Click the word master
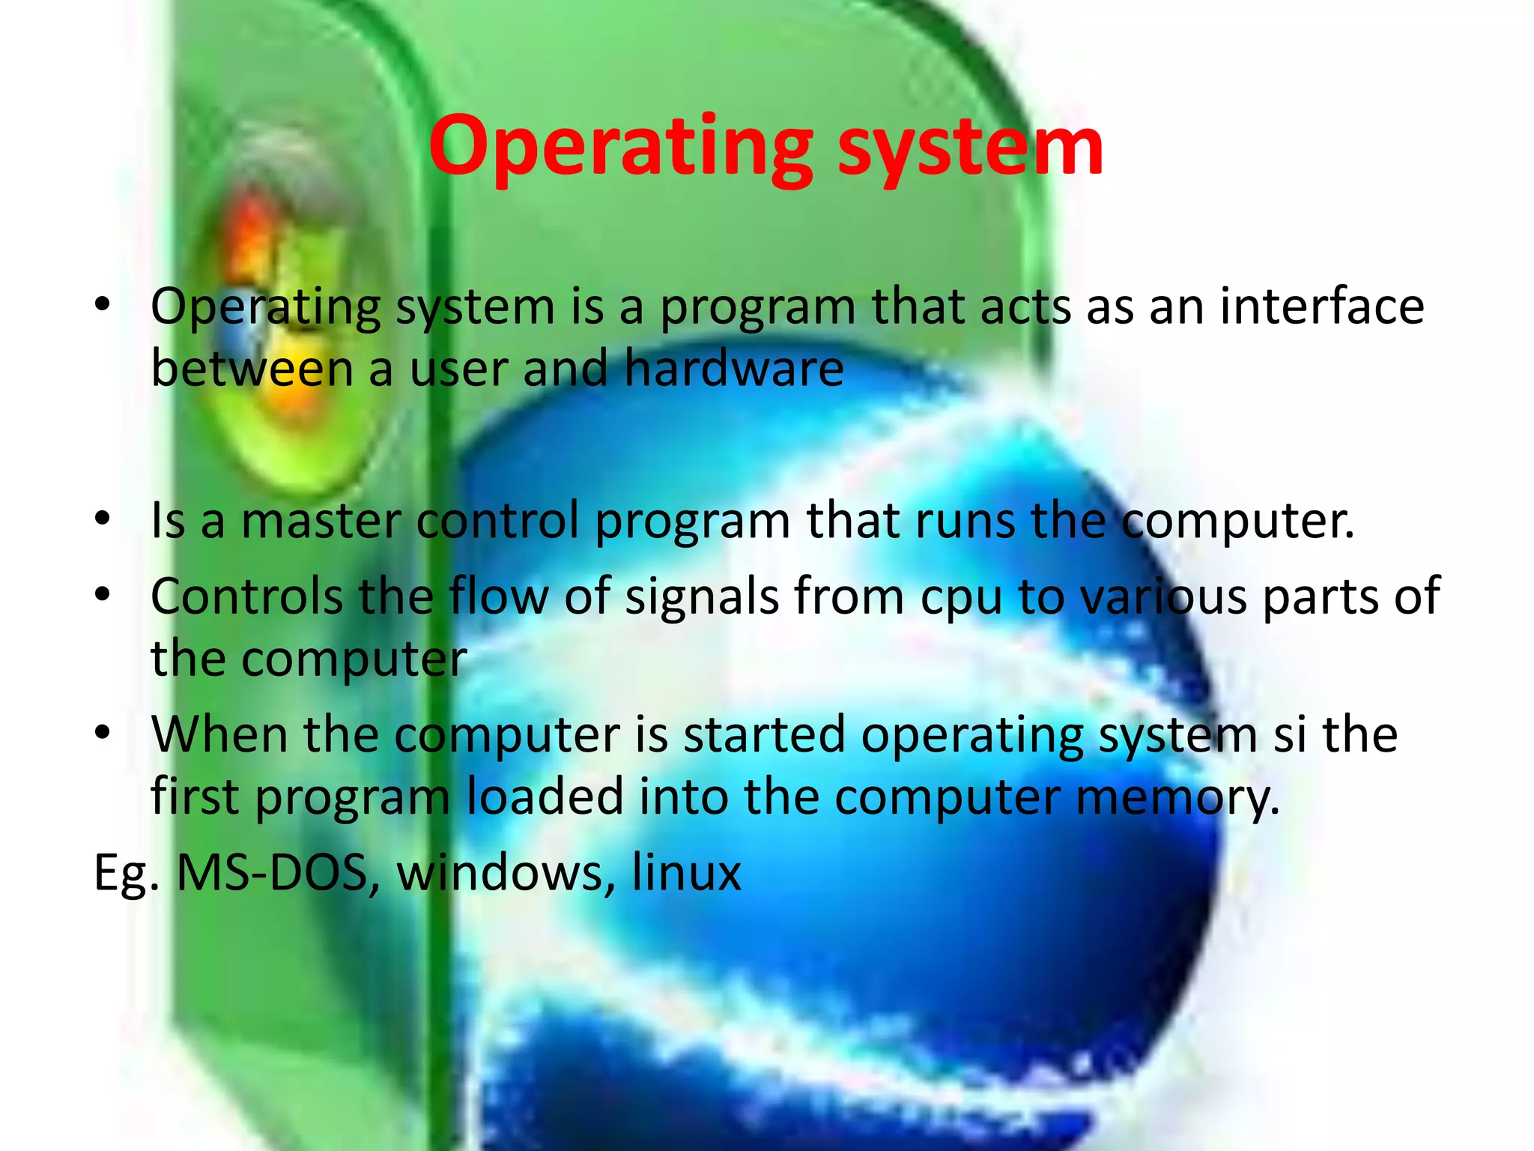[321, 520]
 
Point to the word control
[498, 520]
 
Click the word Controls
[246, 596]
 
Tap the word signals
[702, 596]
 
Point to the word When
[219, 734]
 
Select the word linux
[686, 873]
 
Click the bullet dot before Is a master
[103, 518]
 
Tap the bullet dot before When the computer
[103, 731]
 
